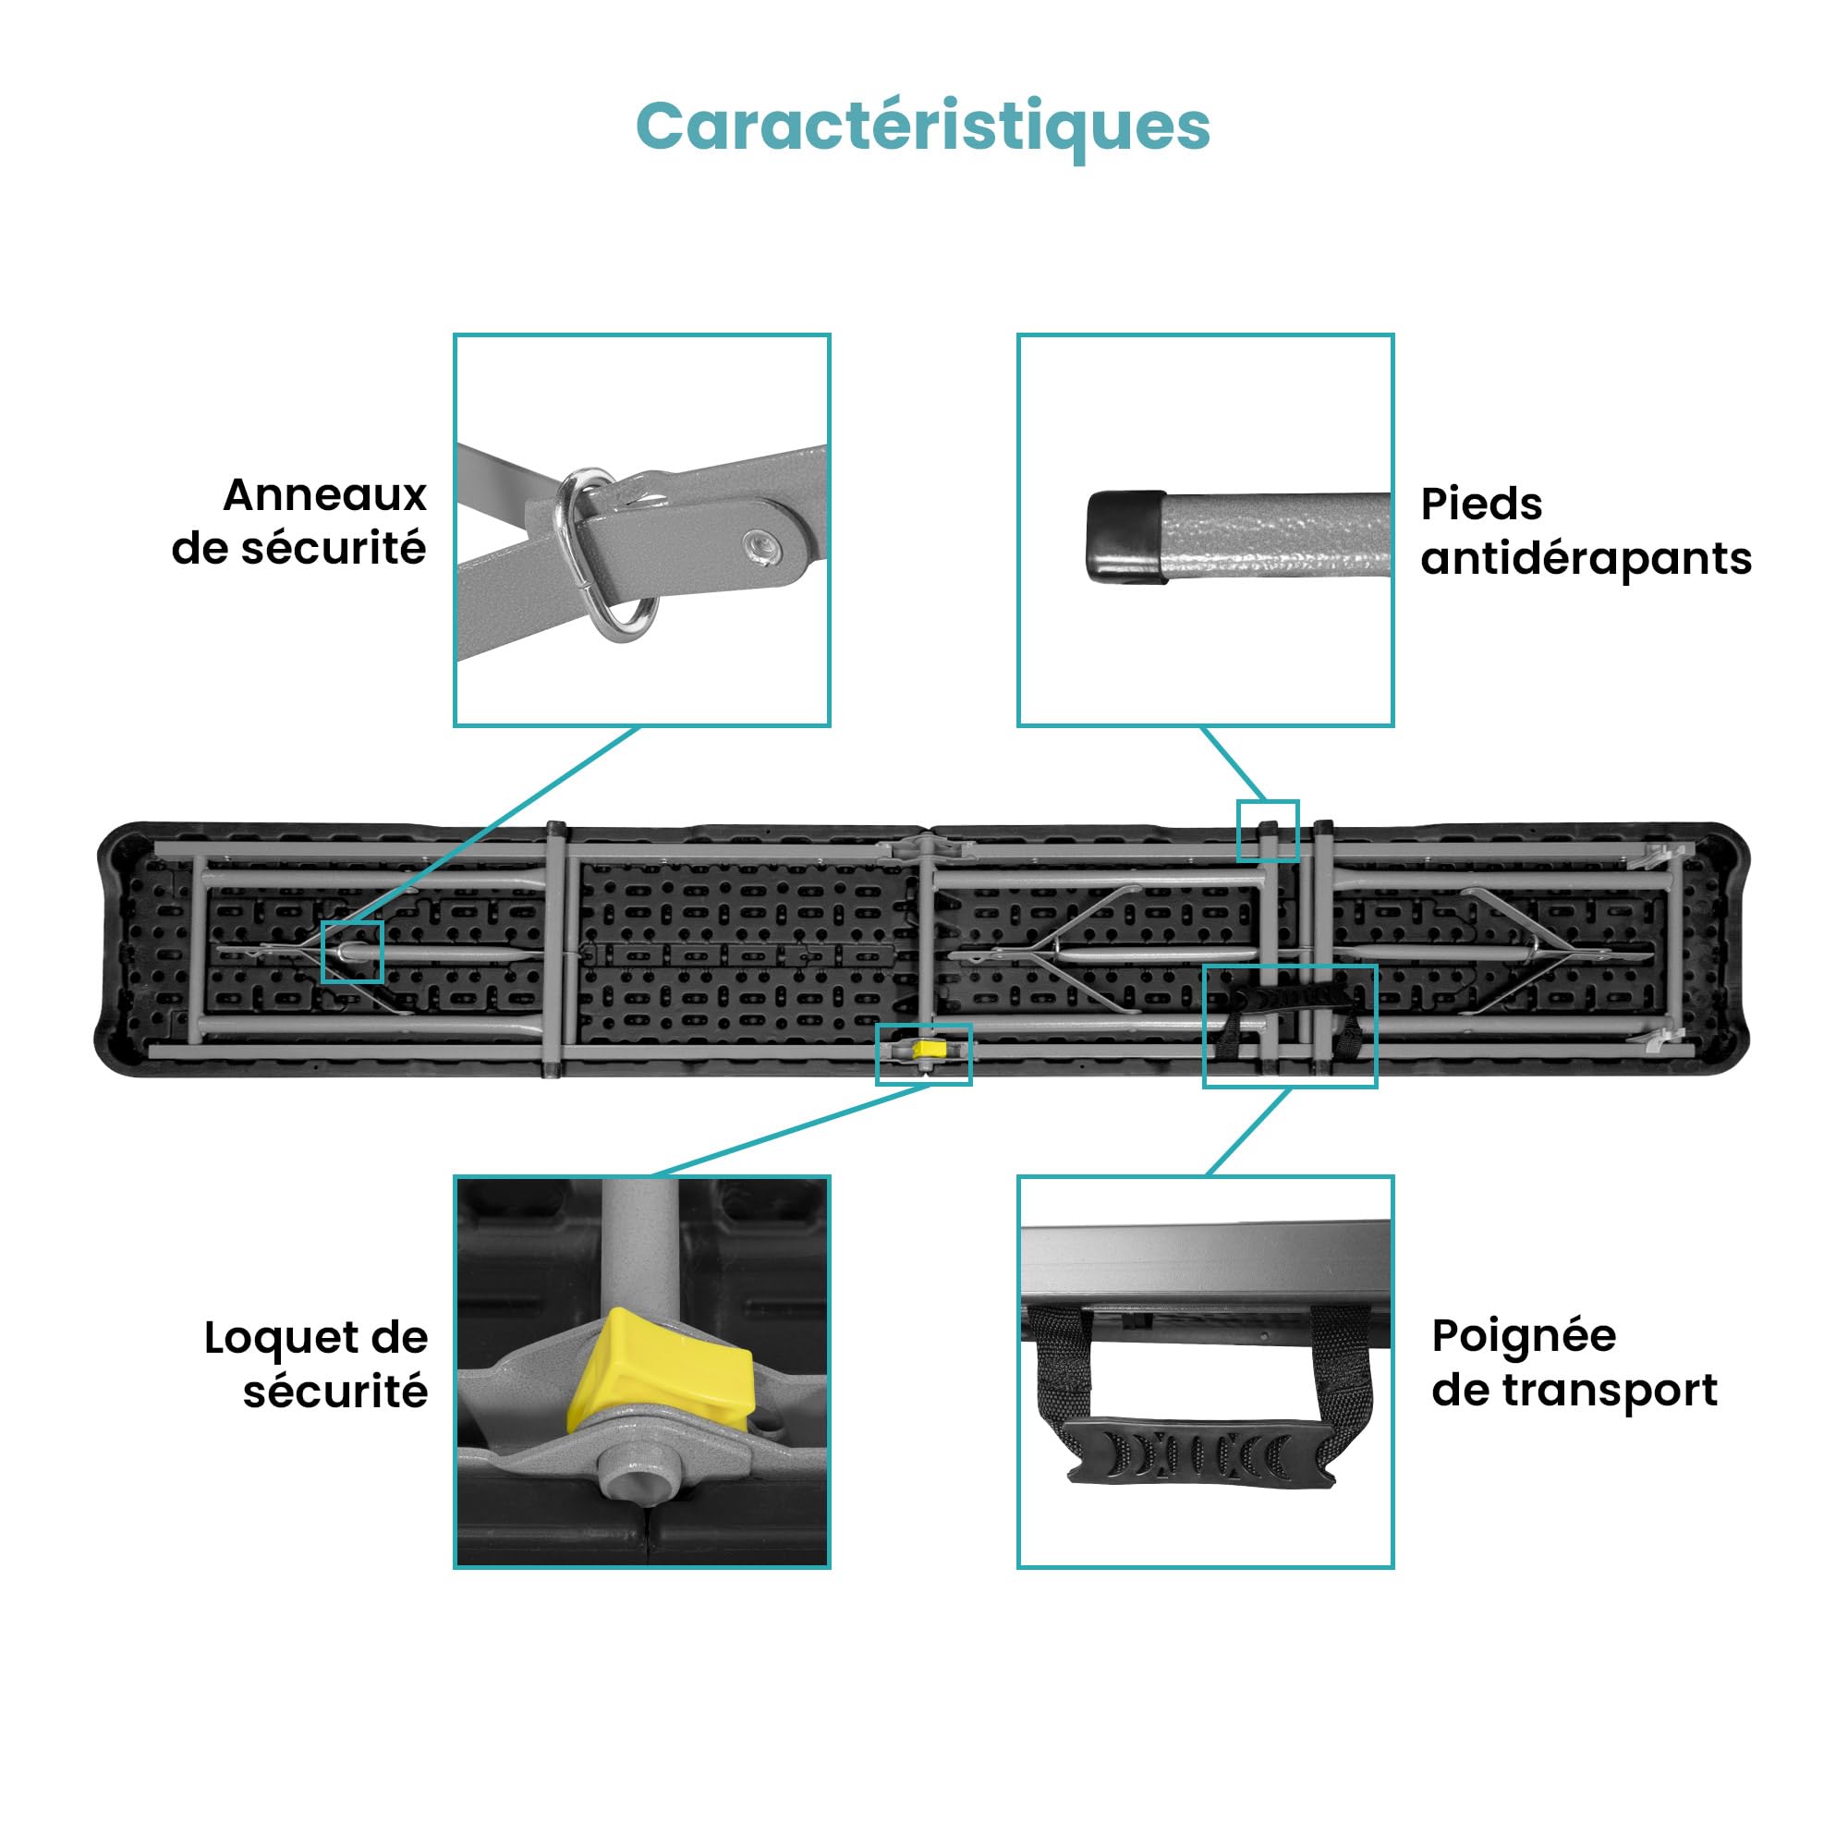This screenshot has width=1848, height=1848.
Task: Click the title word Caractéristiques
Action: pyautogui.click(x=923, y=128)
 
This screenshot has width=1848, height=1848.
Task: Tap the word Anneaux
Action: pyautogui.click(x=325, y=495)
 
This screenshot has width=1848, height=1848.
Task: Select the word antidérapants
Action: pyautogui.click(x=1586, y=559)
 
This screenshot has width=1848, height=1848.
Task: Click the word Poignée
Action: pyautogui.click(x=1524, y=1336)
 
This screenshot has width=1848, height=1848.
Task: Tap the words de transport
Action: pyautogui.click(x=1574, y=1391)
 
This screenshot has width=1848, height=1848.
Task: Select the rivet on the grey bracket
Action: pyautogui.click(x=762, y=547)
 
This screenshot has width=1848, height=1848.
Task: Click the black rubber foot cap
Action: pyautogui.click(x=1126, y=537)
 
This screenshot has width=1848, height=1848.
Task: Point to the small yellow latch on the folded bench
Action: pyautogui.click(x=929, y=1050)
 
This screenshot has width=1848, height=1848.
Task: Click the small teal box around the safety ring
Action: pyautogui.click(x=352, y=952)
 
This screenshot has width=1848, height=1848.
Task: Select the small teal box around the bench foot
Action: pyautogui.click(x=1269, y=831)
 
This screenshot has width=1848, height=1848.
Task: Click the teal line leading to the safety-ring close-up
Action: pyautogui.click(x=495, y=823)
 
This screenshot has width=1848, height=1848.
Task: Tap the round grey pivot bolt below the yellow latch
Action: pyautogui.click(x=630, y=1477)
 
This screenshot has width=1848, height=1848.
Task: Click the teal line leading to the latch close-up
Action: pyautogui.click(x=791, y=1130)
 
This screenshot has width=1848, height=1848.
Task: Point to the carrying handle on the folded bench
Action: pyautogui.click(x=1288, y=1015)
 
